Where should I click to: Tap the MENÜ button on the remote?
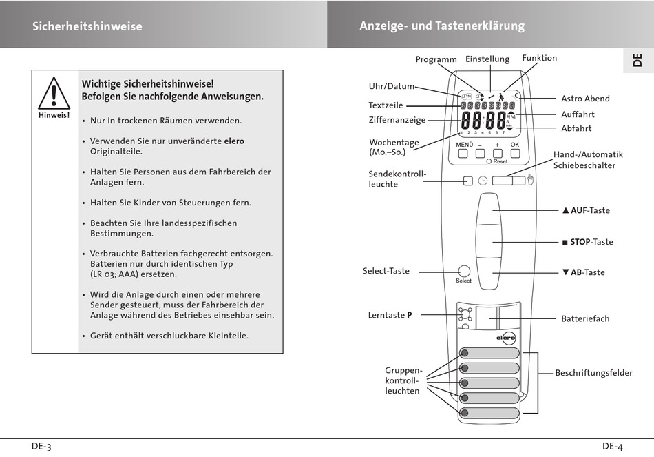464,154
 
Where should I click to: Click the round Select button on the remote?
463,271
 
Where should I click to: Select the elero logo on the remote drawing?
506,338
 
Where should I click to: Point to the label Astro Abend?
585,99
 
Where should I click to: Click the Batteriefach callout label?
585,318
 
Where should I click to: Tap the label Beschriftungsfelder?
593,373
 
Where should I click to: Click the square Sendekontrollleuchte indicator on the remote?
468,181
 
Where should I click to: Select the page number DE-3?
41,446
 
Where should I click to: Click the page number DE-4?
612,446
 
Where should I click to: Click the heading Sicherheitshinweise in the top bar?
87,26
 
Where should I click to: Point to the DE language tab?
637,59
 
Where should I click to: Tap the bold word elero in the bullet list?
234,141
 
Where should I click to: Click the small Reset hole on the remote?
489,161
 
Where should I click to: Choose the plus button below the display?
497,154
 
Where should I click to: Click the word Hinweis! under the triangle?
54,115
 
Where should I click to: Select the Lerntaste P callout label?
390,315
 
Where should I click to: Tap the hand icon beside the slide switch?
531,181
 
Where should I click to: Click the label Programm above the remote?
436,59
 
